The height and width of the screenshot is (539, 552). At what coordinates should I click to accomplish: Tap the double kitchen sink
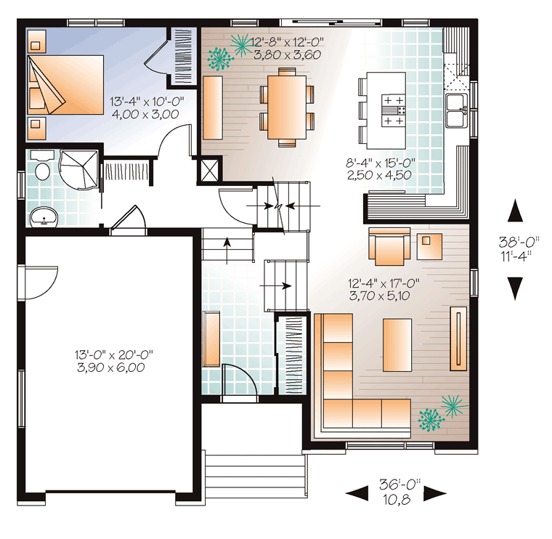tap(457, 110)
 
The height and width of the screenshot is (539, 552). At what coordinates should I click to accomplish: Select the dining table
tap(287, 108)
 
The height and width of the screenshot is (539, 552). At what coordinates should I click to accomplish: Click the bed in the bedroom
tap(66, 84)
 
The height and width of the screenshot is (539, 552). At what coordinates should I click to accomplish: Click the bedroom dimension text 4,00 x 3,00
tap(145, 115)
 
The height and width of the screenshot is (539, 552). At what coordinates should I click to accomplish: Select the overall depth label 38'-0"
tap(519, 242)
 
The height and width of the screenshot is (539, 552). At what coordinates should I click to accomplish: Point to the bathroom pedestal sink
tap(44, 217)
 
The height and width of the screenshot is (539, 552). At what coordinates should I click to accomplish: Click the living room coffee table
tap(397, 345)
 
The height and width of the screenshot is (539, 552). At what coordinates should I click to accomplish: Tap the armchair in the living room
tap(389, 246)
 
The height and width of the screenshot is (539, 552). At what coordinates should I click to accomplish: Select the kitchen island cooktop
tap(393, 111)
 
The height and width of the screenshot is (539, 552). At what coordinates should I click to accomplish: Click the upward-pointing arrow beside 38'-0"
tap(515, 211)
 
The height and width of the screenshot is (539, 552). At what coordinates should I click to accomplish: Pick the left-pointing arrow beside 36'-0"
tap(357, 493)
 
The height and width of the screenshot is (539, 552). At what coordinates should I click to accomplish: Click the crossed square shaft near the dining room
tap(209, 170)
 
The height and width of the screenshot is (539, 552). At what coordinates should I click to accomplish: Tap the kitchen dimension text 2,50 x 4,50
tap(379, 175)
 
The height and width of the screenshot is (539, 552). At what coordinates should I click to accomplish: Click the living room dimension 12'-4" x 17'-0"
tap(383, 283)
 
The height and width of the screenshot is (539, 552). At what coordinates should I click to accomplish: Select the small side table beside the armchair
tap(429, 246)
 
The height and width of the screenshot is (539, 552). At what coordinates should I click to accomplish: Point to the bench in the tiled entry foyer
tap(211, 339)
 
